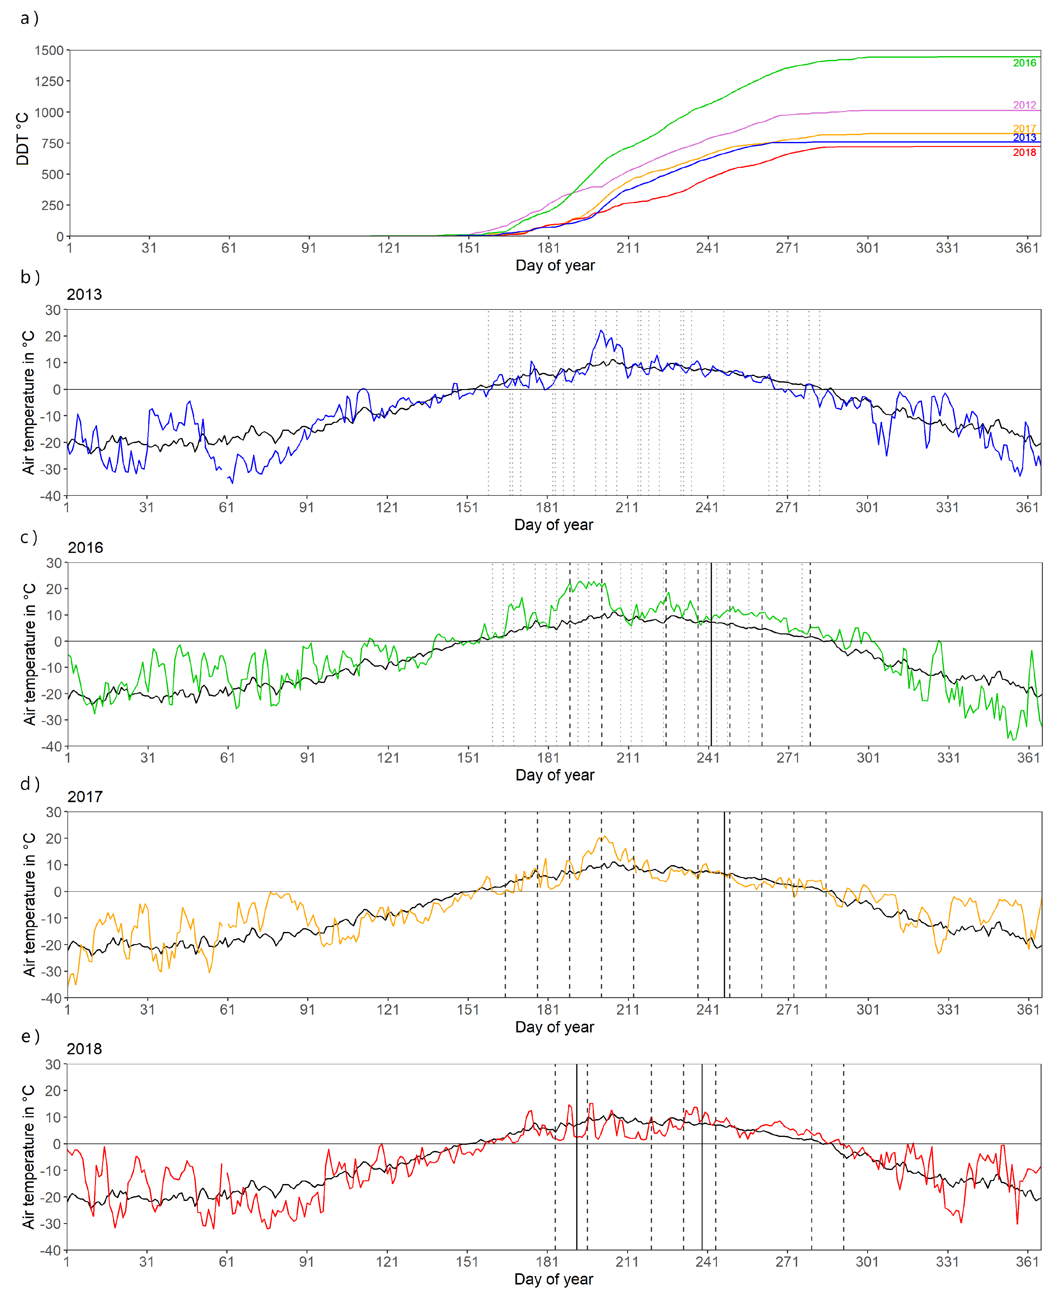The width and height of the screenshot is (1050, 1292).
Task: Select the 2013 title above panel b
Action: tap(84, 295)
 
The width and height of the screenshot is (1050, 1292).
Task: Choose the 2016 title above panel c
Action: tap(85, 548)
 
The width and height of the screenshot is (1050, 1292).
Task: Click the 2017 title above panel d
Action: tap(85, 797)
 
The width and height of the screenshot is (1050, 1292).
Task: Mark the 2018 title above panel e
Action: tap(84, 1049)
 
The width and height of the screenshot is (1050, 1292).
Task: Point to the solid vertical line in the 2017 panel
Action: tap(724, 907)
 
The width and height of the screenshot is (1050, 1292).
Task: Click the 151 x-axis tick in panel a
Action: tap(468, 248)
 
